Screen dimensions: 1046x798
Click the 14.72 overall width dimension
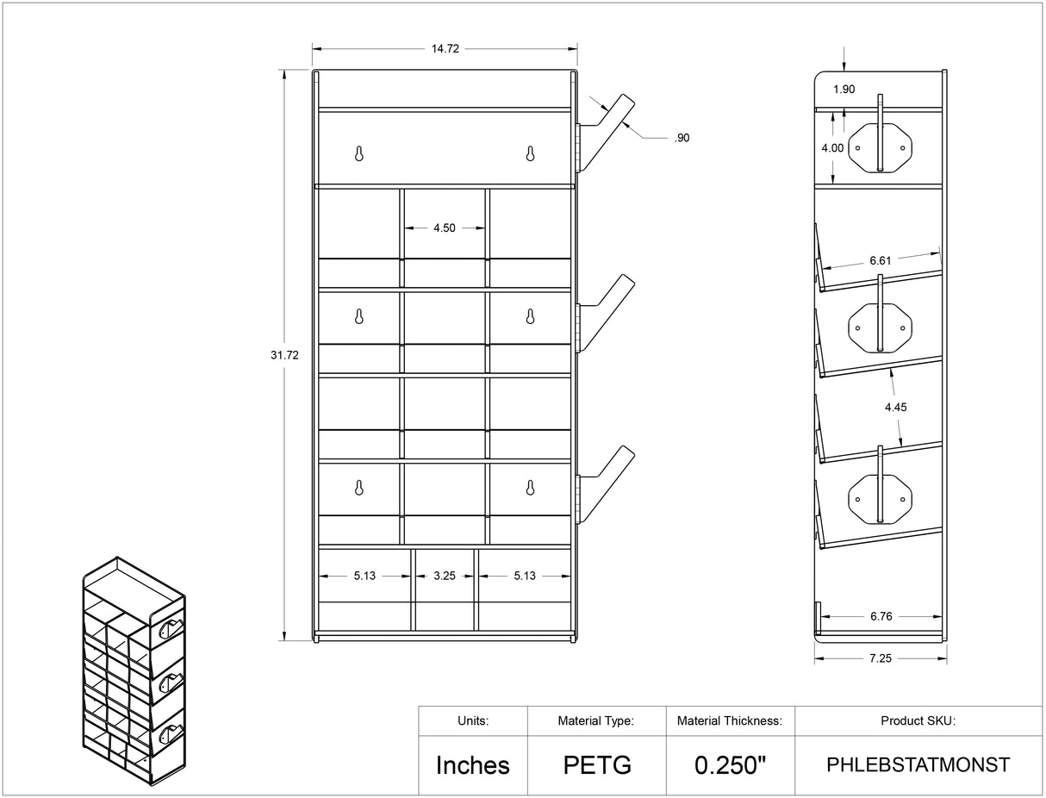pos(445,48)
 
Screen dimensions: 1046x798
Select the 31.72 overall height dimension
pos(284,355)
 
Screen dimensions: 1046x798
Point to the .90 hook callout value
pos(682,138)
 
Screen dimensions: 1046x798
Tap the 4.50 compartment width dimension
pos(444,228)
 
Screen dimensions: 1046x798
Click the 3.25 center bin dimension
pos(445,576)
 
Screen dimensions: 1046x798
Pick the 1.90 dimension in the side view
pos(844,89)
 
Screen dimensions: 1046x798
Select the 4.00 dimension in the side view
pos(832,148)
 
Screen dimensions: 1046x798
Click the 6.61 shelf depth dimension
pos(881,260)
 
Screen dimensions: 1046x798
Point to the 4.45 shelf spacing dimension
pos(896,408)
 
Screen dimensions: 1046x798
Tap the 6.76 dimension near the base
pos(881,616)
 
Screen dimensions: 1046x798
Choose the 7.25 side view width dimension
pos(881,658)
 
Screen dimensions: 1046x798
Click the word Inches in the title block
pos(473,765)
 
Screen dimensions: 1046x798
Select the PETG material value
pos(597,765)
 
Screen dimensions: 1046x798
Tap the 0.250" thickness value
pos(730,765)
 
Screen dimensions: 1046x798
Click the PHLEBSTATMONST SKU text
pos(918,765)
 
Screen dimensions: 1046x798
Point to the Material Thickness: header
pos(730,720)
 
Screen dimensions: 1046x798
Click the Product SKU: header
pos(918,720)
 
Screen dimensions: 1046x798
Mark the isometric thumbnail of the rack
pos(134,670)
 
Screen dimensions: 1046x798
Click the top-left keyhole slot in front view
pos(359,153)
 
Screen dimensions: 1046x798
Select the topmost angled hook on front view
pos(605,134)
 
